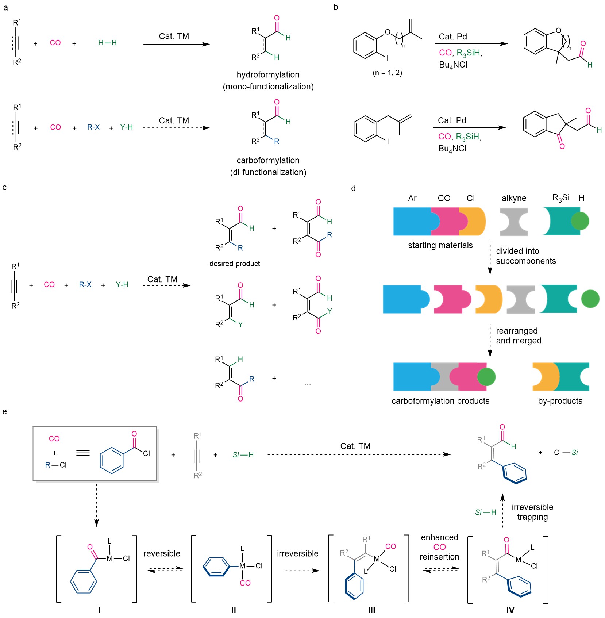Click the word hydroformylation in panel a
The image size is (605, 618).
[268, 75]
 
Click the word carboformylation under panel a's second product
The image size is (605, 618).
[268, 161]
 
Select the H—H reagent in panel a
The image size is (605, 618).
[107, 43]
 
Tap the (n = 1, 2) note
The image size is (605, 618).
[388, 73]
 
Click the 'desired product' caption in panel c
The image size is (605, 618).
[235, 264]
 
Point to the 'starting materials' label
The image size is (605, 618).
[440, 245]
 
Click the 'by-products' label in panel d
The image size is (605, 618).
[560, 401]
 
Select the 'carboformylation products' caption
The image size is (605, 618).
[440, 401]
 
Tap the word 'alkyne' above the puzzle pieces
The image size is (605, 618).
[514, 198]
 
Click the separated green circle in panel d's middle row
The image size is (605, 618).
[590, 299]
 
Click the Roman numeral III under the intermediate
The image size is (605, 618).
[371, 610]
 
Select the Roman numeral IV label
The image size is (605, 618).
[510, 610]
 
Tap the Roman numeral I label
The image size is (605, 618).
[99, 610]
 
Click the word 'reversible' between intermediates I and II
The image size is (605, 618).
[162, 554]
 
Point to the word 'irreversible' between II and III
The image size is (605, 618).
[297, 554]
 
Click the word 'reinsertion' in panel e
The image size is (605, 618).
[439, 557]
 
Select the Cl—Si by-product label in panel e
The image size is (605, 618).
[566, 453]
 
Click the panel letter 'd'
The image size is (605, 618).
[353, 188]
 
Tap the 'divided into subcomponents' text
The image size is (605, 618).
[526, 256]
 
